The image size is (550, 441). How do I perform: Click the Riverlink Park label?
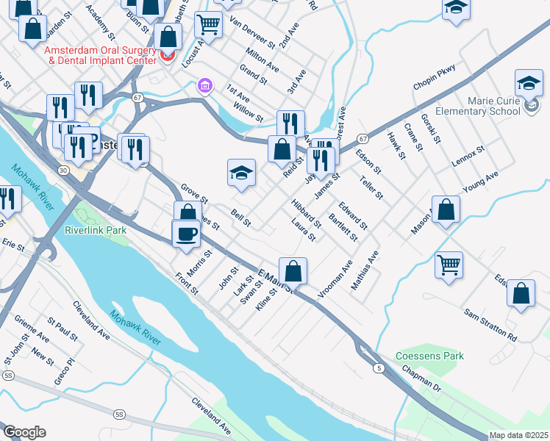(96, 230)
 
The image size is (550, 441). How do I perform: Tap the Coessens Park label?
(430, 356)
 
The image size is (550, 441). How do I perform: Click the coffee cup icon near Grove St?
(186, 233)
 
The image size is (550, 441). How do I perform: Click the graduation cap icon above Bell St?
(241, 173)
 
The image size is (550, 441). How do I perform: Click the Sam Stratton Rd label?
(490, 324)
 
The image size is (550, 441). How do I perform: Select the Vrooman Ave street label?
(335, 278)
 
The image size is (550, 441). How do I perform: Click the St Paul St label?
(63, 329)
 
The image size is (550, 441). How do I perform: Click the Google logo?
(24, 432)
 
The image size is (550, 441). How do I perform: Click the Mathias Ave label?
(364, 270)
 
